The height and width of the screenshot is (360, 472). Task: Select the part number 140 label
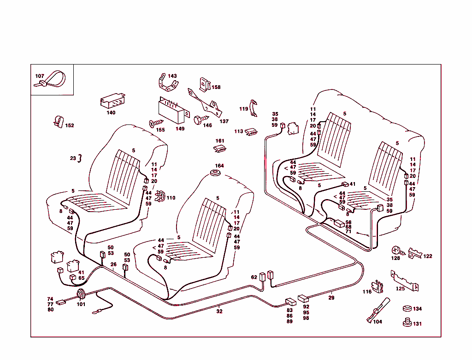(x=111, y=112)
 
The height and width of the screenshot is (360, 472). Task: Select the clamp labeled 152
(x=58, y=122)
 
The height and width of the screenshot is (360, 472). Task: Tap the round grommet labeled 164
(x=214, y=173)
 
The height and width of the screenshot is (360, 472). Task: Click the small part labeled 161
(x=220, y=148)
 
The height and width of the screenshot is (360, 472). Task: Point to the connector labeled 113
(x=252, y=132)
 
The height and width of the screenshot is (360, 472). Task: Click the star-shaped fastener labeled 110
(x=160, y=197)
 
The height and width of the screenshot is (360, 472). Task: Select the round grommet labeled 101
(x=81, y=295)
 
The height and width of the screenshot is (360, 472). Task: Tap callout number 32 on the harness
(x=219, y=312)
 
